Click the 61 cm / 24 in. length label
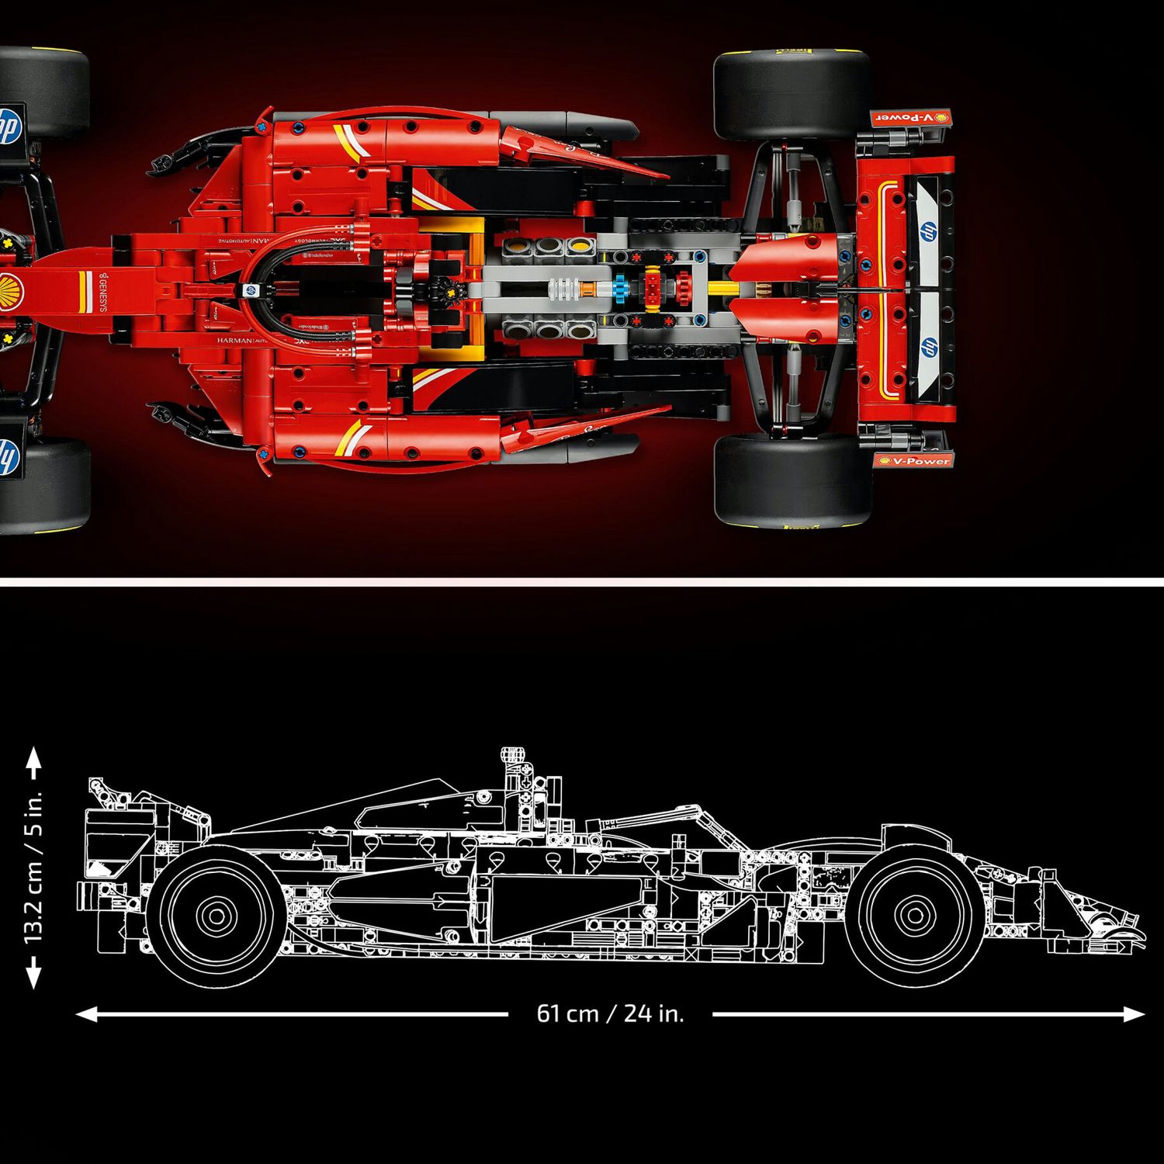point(610,1013)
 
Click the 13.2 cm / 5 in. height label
point(33,868)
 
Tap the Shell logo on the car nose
point(11,289)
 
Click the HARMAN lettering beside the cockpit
point(234,340)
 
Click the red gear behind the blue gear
point(683,289)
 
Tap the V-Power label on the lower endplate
point(913,461)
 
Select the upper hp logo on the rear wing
point(927,230)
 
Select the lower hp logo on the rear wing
point(927,347)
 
